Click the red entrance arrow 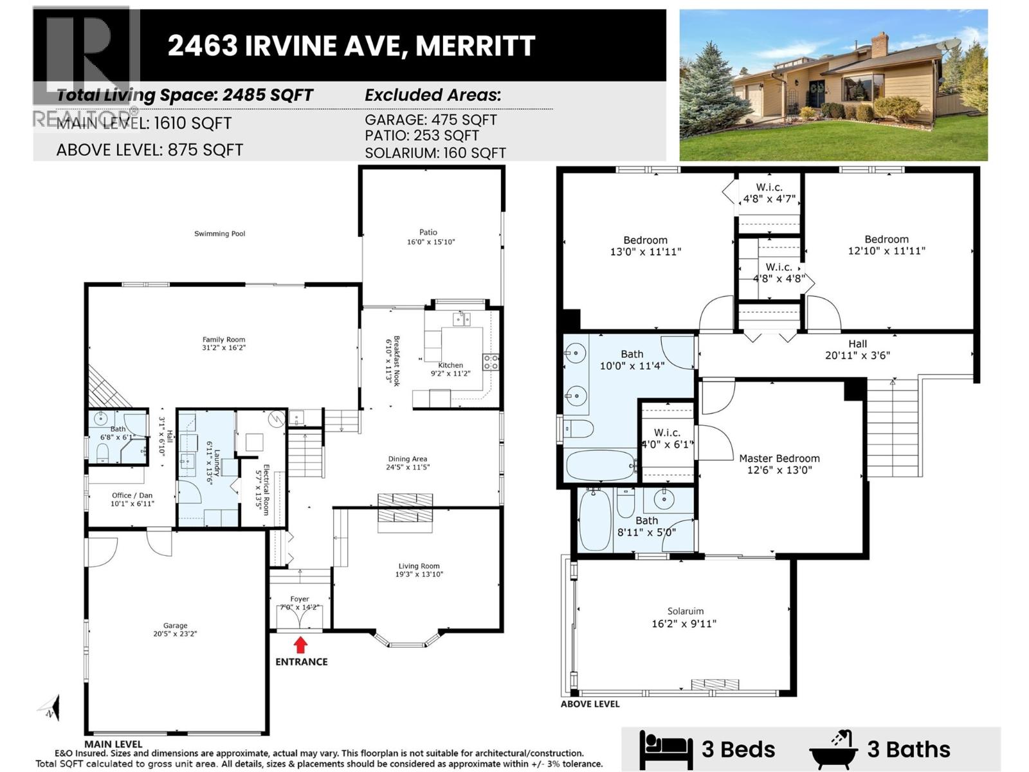[x=300, y=645]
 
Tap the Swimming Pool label [x=220, y=234]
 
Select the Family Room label [x=224, y=339]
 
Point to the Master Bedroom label [x=779, y=458]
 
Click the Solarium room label [x=685, y=611]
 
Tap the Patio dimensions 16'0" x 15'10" [x=431, y=242]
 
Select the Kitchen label [x=451, y=365]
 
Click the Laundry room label [x=217, y=463]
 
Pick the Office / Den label [x=132, y=495]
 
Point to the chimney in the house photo [x=879, y=46]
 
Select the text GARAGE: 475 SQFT [x=430, y=120]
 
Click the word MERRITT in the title [x=475, y=46]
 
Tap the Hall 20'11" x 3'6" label [x=857, y=349]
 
